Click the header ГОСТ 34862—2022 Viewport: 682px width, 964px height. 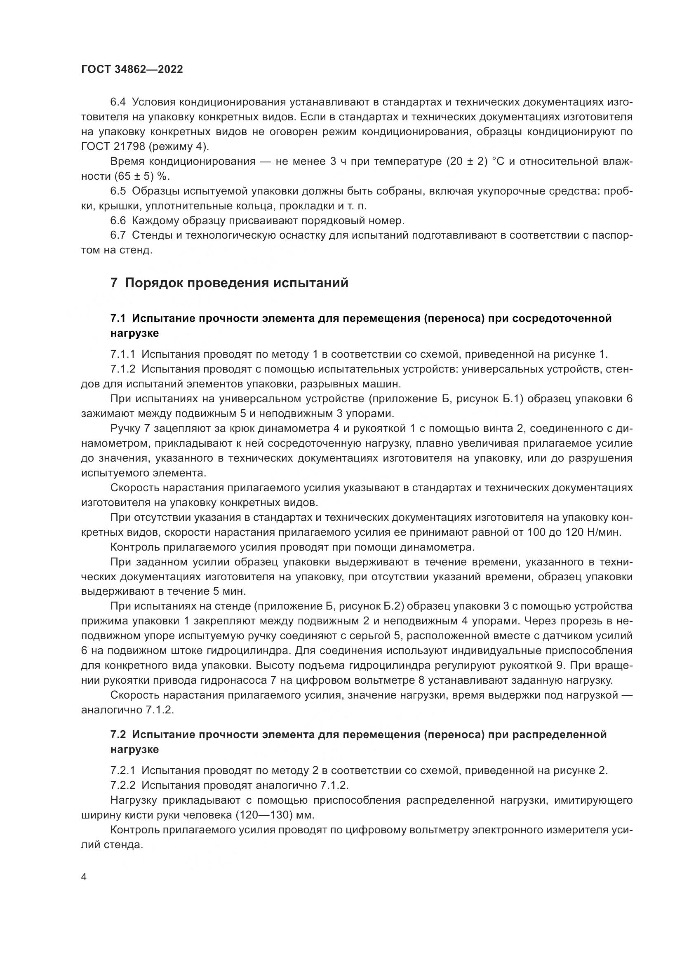pos(132,70)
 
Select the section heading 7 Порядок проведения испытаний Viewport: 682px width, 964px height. pos(229,283)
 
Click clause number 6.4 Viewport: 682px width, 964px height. pos(118,102)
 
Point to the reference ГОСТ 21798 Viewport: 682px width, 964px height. pos(111,147)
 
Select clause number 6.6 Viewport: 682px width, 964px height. pos(118,220)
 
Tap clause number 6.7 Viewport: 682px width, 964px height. pos(118,235)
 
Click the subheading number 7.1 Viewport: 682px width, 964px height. pos(118,318)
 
